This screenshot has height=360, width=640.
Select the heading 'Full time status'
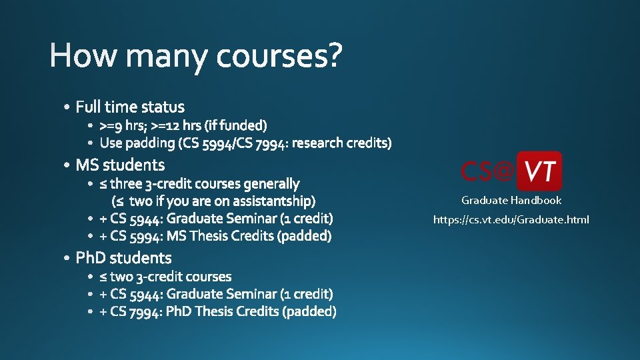130,107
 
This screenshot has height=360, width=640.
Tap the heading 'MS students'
120,165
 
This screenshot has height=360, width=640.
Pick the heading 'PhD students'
123,258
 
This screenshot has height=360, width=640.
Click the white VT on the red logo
539,171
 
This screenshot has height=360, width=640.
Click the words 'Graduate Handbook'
511,201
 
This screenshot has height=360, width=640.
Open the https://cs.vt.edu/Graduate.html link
511,220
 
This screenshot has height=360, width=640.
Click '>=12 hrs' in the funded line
176,125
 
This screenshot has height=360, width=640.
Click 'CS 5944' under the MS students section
136,218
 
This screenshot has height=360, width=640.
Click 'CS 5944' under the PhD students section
136,294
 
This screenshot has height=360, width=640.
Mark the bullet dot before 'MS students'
67,165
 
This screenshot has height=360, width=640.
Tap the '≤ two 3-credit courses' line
165,277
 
